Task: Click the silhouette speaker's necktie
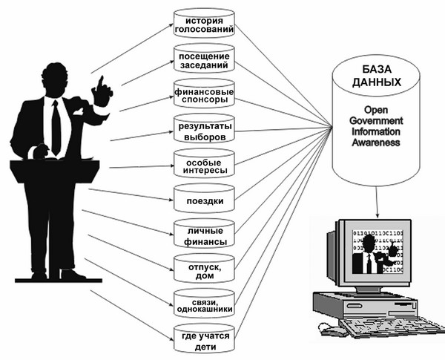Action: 56,126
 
